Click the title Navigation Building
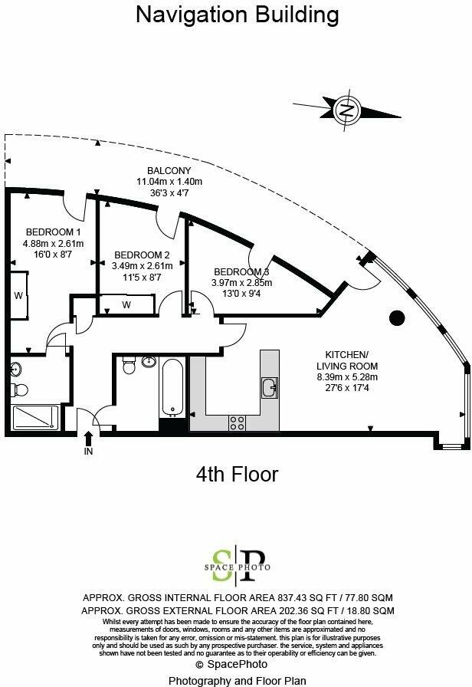237,15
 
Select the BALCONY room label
169,170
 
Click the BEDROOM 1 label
53,232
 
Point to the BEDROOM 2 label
143,255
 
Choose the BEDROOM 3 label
241,272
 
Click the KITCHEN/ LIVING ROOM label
347,360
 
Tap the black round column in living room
398,317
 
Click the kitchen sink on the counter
269,388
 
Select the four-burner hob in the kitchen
238,421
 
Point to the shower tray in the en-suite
35,418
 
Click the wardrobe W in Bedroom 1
18,295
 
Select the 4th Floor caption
237,475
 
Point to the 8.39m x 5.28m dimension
347,376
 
